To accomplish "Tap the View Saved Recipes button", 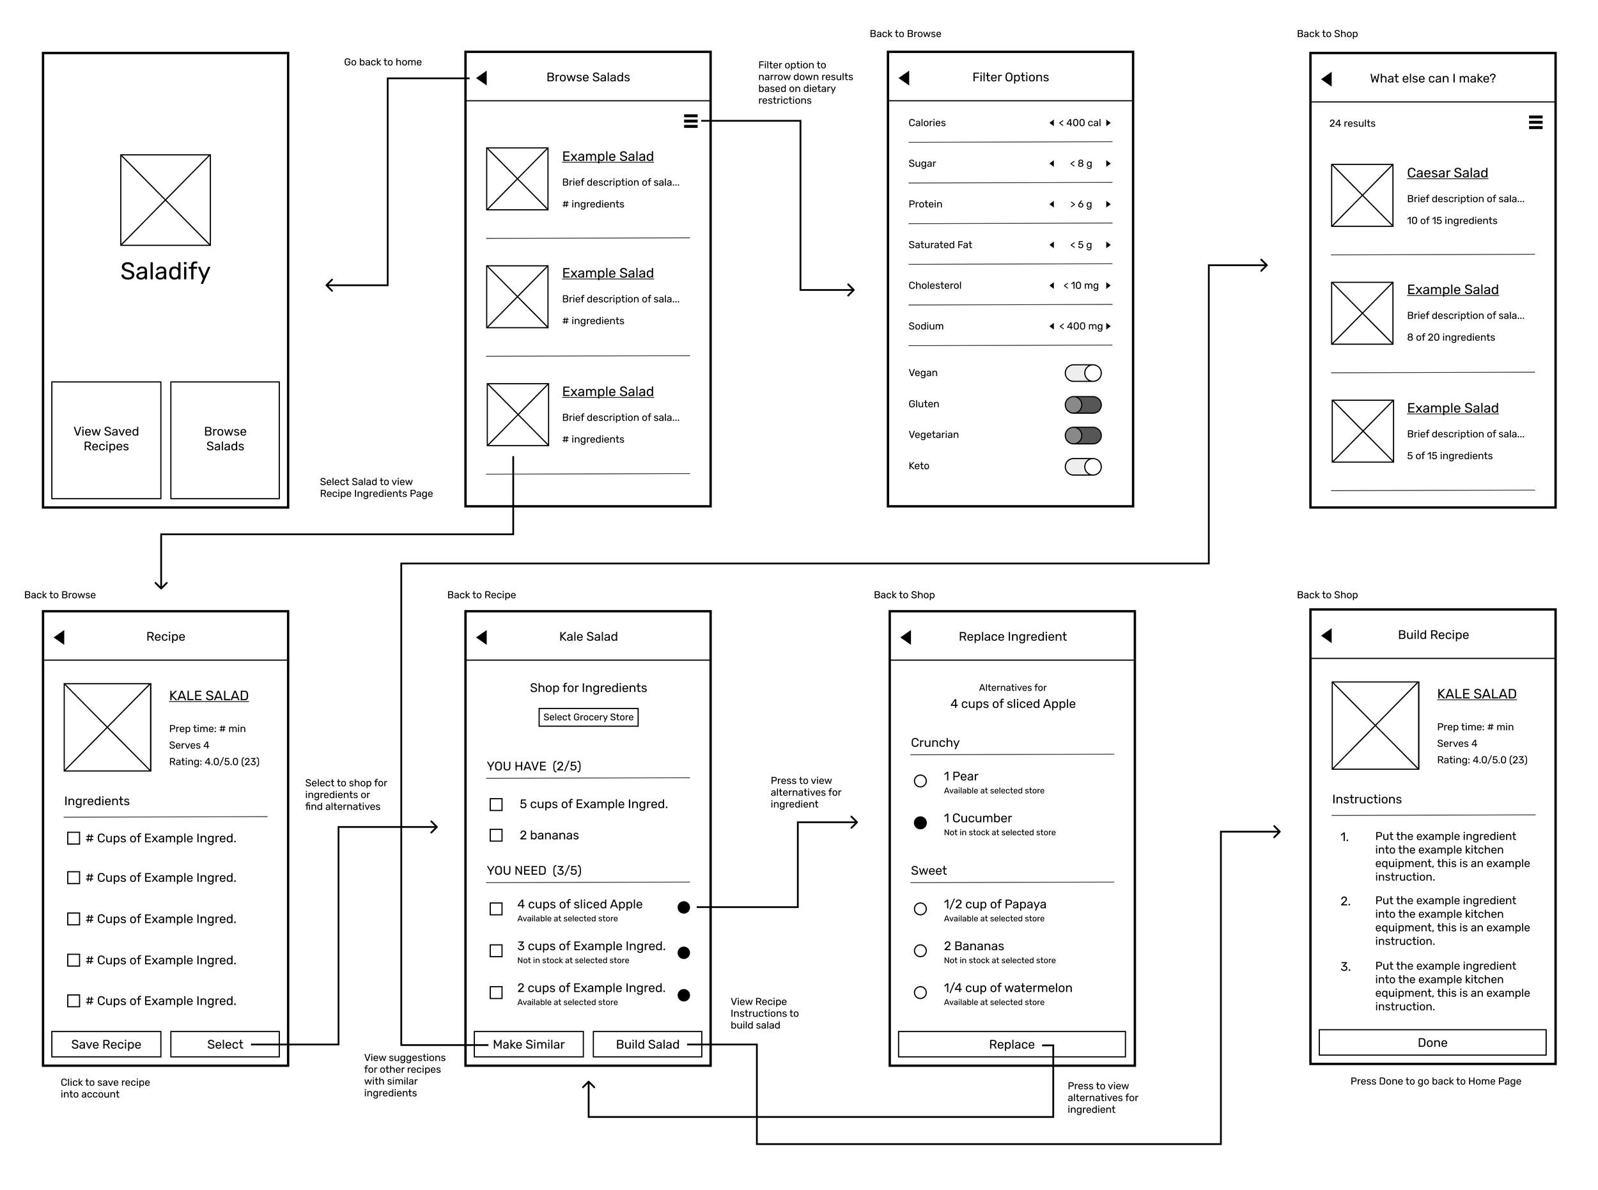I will [x=106, y=439].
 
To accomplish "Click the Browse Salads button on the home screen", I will [x=225, y=439].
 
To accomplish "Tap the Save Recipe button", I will [x=106, y=1044].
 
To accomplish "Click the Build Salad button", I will [x=647, y=1044].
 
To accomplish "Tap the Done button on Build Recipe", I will [x=1432, y=1042].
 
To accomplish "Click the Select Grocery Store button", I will [x=588, y=717].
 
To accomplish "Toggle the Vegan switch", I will [x=1082, y=372].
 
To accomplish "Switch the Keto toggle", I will [x=1082, y=467].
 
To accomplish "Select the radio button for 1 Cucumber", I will [x=920, y=822].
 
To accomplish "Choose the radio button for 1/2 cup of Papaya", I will [x=920, y=909].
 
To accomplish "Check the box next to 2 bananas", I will [x=496, y=835].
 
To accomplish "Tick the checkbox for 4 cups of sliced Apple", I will [x=496, y=909].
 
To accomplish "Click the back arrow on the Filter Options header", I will [x=904, y=78].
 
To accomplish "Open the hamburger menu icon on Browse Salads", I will [x=690, y=121].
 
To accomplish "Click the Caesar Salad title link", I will [x=1447, y=173].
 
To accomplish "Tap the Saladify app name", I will [x=165, y=272].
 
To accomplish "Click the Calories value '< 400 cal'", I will [x=1080, y=123].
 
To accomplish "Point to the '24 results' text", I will [x=1352, y=123].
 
